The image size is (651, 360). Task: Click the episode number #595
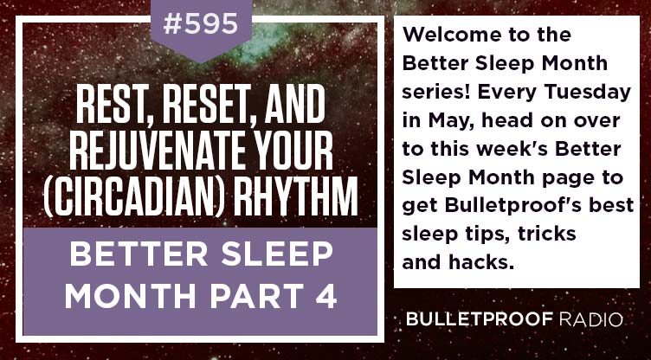201,24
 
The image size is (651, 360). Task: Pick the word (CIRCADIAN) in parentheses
135,196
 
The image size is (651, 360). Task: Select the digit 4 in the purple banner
325,296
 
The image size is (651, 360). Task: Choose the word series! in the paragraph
436,93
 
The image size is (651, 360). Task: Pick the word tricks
547,235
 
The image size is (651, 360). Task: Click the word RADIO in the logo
590,319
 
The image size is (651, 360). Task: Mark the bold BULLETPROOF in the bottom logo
480,319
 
